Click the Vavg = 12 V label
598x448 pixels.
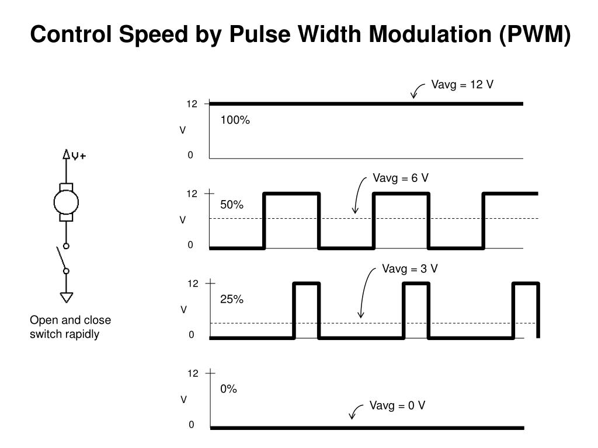pyautogui.click(x=462, y=85)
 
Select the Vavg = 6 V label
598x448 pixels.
pyautogui.click(x=401, y=178)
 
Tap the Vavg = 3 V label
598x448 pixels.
pyautogui.click(x=410, y=268)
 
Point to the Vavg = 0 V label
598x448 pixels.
pyautogui.click(x=397, y=405)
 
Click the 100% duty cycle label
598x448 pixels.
pyautogui.click(x=235, y=120)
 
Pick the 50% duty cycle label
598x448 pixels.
pyautogui.click(x=232, y=205)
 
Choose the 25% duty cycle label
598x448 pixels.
pyautogui.click(x=232, y=299)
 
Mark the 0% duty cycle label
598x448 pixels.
pyautogui.click(x=229, y=389)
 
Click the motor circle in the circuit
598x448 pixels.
pyautogui.click(x=66, y=202)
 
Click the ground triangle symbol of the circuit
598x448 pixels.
pyautogui.click(x=67, y=297)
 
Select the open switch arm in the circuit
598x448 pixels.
pyautogui.click(x=61, y=257)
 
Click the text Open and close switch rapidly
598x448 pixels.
pyautogui.click(x=70, y=327)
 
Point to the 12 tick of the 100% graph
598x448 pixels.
pyautogui.click(x=192, y=104)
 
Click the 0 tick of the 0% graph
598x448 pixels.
pyautogui.click(x=191, y=425)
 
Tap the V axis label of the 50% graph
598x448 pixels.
pyautogui.click(x=183, y=220)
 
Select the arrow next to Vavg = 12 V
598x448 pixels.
pyautogui.click(x=417, y=90)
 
